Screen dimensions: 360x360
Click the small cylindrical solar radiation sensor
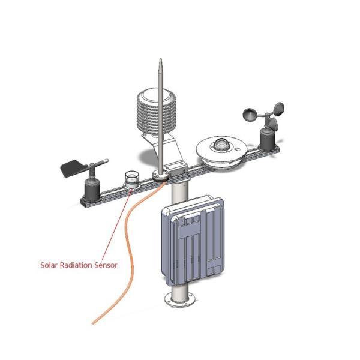click(x=132, y=179)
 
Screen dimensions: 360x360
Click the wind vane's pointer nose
click(x=106, y=161)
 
